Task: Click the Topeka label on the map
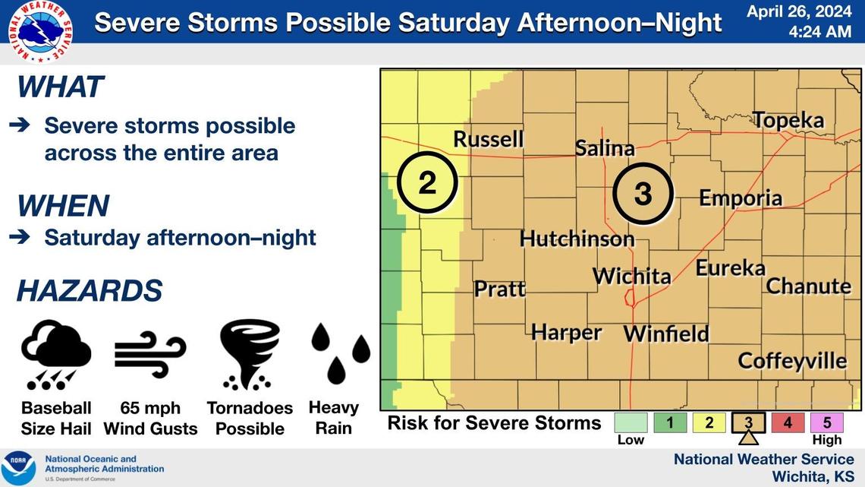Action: tap(788, 120)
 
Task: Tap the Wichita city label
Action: tap(631, 276)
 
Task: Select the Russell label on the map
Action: tap(488, 139)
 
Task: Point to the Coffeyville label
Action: tap(792, 360)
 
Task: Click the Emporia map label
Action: tap(740, 198)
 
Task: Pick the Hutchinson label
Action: tap(577, 239)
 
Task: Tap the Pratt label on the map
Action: tap(499, 289)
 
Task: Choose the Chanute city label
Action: tap(808, 286)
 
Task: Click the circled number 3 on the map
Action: tap(643, 194)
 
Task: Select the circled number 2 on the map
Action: tap(427, 183)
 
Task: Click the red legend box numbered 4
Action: tap(787, 422)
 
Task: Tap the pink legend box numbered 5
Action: tap(827, 422)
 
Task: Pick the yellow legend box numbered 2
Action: tap(709, 422)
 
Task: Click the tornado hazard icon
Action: tap(249, 354)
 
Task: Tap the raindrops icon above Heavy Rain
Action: tap(340, 353)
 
